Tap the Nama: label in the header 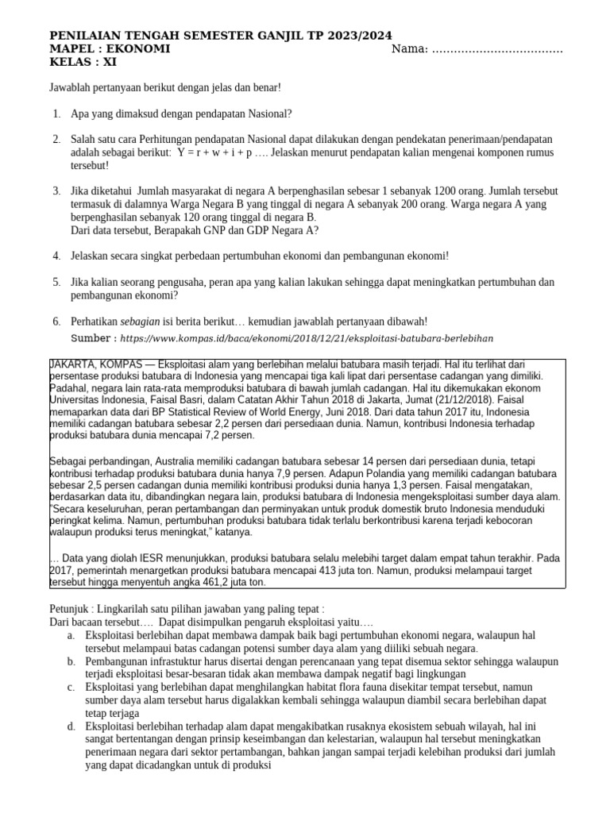click(x=411, y=49)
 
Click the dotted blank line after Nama click(x=496, y=51)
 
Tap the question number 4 click(x=56, y=256)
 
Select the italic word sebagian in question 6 click(x=141, y=321)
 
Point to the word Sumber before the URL click(x=93, y=337)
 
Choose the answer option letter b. click(x=71, y=658)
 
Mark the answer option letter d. click(x=71, y=726)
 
